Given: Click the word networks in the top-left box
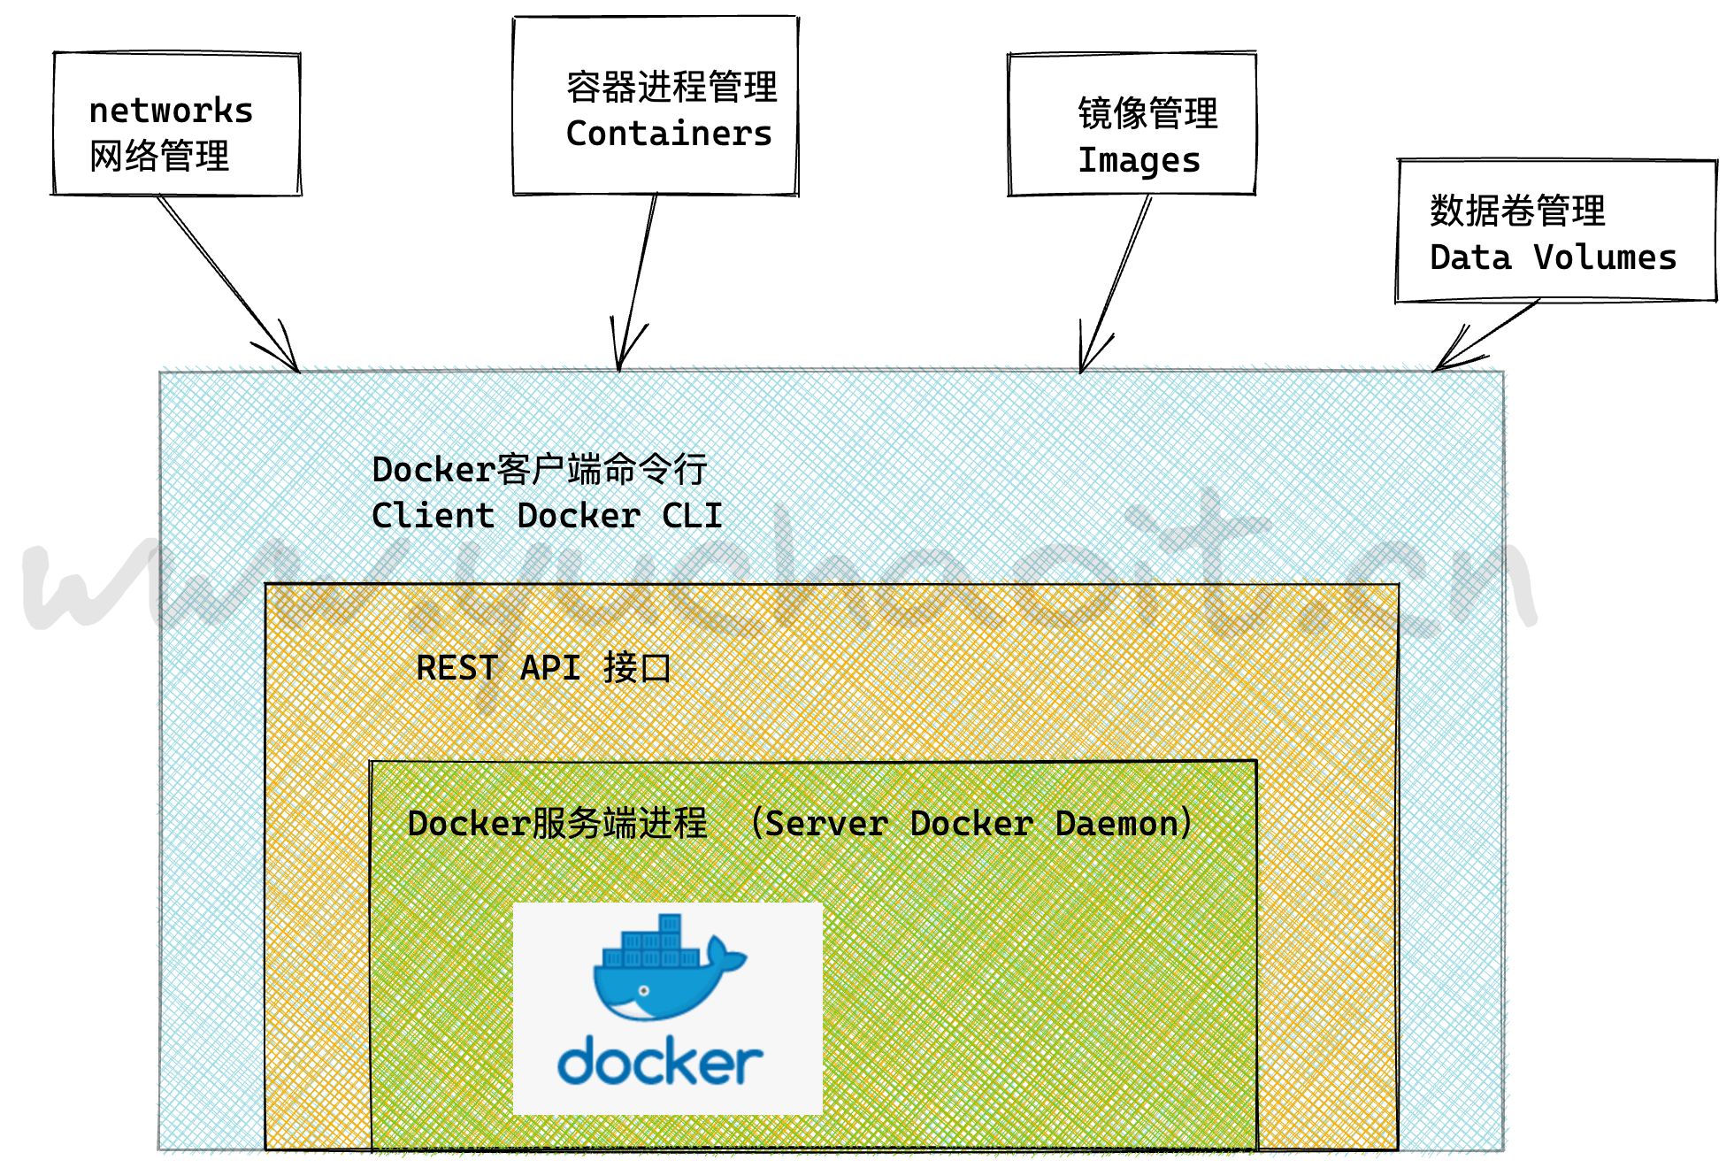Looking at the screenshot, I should (x=171, y=111).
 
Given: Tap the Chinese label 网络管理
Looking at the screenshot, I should (x=159, y=157).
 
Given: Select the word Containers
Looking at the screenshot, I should (x=669, y=134).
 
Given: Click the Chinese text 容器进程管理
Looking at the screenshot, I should (x=671, y=87).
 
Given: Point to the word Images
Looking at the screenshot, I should (x=1139, y=161).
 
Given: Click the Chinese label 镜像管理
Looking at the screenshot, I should (x=1147, y=113).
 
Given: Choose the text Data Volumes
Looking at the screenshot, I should (x=1553, y=257).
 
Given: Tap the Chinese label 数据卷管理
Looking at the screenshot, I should (x=1517, y=211).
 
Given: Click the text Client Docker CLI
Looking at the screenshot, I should (x=547, y=516).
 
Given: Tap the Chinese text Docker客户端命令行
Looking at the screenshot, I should (x=539, y=470).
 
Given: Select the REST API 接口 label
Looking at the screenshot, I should (x=543, y=668).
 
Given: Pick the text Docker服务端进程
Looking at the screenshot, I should (x=557, y=824).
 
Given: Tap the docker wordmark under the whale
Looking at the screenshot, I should (x=660, y=1062).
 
